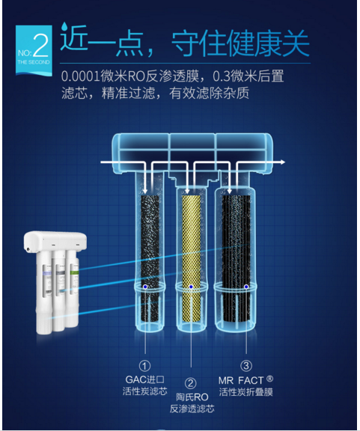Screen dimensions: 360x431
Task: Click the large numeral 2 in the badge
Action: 41,45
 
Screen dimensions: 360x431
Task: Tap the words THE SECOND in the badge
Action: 34,62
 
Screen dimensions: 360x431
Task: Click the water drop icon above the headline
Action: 64,26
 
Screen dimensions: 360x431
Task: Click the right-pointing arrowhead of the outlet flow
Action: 283,162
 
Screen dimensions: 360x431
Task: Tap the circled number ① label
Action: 144,366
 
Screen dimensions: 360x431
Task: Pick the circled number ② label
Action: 190,383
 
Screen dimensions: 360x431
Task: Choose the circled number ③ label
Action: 246,366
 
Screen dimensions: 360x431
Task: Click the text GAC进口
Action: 145,379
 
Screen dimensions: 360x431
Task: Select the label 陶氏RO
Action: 192,397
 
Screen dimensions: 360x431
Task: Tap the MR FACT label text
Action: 241,380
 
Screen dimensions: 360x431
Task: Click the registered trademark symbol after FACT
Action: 269,379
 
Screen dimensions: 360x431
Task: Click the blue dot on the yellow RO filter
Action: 191,287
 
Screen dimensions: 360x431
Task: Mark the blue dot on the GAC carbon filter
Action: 145,287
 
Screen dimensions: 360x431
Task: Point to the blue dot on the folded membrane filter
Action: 246,287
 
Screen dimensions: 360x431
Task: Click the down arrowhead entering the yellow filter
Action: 187,192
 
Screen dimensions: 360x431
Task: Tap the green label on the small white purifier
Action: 75,272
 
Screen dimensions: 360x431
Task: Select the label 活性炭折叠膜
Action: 246,392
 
